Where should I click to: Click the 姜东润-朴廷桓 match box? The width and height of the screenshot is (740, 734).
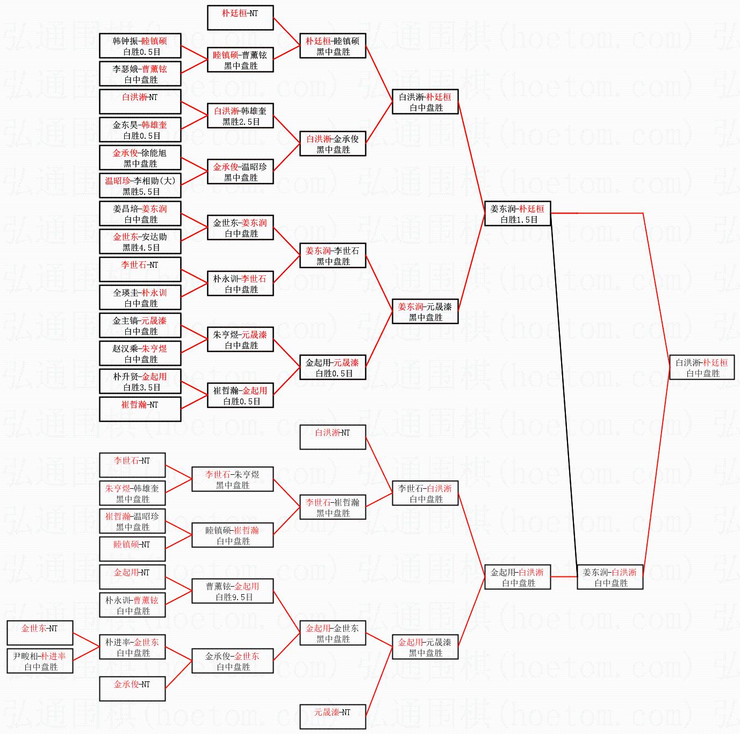coord(518,213)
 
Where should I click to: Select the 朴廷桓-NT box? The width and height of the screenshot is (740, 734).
coord(240,18)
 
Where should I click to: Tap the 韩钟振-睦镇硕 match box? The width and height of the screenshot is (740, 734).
coord(140,46)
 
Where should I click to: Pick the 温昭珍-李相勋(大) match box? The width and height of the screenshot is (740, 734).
coord(140,186)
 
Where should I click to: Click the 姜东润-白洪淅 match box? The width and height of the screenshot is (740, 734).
coord(610,577)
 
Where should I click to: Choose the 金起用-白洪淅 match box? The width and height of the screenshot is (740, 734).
coord(518,577)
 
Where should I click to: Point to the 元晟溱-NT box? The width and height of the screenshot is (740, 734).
coord(333,717)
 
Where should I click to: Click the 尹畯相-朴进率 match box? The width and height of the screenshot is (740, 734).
coord(40,661)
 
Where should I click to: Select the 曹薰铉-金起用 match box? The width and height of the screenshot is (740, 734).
coord(233,591)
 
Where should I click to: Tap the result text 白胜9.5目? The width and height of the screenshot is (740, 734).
coord(234,597)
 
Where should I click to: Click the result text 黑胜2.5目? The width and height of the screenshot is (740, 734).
coord(241,122)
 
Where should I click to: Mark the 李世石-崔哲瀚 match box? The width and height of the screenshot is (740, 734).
coord(333,507)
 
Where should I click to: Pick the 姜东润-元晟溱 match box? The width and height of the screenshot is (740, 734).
coord(425,311)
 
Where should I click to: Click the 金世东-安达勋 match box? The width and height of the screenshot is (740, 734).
coord(140,242)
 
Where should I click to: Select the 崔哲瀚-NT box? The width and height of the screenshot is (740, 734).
coord(140,409)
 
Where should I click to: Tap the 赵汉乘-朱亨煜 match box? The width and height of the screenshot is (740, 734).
coord(140,354)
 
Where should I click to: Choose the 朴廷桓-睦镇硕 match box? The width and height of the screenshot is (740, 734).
coord(333,46)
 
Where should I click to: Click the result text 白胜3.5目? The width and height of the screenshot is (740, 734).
coord(141,387)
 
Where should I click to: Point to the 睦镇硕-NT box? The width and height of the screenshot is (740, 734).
coord(132,549)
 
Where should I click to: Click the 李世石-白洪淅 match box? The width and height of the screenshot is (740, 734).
coord(425,493)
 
